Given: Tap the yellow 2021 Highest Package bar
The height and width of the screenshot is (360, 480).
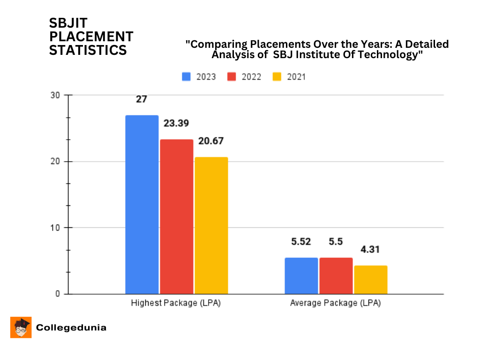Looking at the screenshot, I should tap(211, 225).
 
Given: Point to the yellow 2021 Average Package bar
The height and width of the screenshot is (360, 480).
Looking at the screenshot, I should tap(370, 280).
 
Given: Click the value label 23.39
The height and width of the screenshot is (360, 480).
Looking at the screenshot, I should tap(176, 123).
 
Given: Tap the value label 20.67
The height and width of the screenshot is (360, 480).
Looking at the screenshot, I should tap(211, 141).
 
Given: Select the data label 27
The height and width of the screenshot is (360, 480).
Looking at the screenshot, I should tap(142, 99).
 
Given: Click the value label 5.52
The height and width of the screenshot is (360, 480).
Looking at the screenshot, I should tap(301, 242).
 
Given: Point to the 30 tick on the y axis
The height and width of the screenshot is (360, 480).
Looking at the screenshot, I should tap(56, 95).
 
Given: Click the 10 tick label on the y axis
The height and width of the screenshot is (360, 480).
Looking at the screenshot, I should tap(56, 228).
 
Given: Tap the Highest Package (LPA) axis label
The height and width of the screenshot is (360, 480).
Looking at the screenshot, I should tap(176, 303).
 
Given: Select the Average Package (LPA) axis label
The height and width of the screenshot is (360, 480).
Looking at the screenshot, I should tap(336, 303).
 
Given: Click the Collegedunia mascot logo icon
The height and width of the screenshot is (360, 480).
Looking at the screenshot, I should tap(21, 327).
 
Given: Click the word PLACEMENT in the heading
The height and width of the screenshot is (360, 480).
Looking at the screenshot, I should tap(91, 37).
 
